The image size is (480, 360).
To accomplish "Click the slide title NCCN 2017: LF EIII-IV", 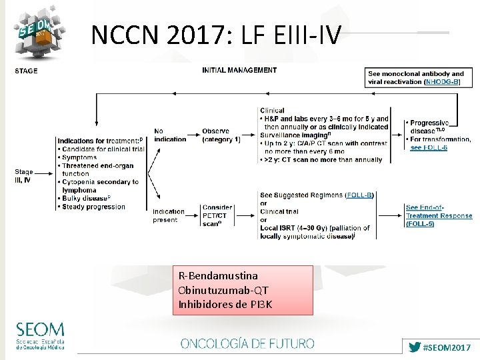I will click(216, 34).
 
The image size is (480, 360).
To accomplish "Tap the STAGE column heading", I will click(26, 71).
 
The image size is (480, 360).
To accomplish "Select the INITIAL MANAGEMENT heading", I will click(239, 70).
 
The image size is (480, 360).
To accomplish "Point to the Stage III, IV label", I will click(24, 176).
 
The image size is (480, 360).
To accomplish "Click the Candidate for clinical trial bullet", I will click(100, 149).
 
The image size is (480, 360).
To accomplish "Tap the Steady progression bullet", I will click(93, 207).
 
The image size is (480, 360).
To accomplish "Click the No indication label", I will click(170, 135).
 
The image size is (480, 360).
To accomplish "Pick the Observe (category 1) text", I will click(221, 135).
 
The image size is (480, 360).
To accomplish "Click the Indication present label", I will click(169, 215).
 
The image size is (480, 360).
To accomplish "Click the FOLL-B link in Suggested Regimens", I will click(361, 195).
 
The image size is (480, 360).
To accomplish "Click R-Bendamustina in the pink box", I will click(218, 275).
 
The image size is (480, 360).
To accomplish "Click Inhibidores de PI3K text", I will click(225, 305).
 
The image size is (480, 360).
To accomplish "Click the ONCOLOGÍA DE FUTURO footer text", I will click(247, 344).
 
